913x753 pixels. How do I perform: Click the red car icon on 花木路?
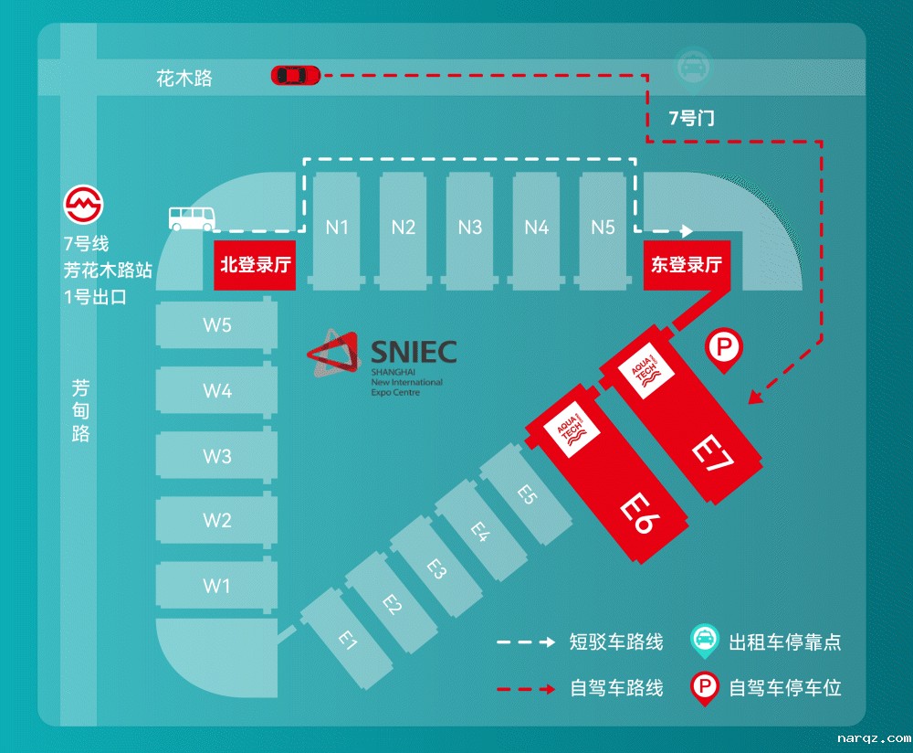click(x=295, y=75)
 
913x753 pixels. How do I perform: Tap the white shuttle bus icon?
click(x=192, y=217)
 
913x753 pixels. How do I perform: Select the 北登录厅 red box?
click(x=256, y=265)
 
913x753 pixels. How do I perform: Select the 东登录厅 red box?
click(x=686, y=265)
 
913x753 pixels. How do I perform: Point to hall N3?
click(x=470, y=227)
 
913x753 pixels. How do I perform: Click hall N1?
click(x=337, y=227)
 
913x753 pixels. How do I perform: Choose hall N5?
click(x=603, y=227)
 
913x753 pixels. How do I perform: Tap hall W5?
click(x=216, y=325)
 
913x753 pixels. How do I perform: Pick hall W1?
click(x=216, y=586)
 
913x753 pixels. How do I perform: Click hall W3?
click(x=216, y=456)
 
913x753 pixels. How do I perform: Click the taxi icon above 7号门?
click(x=687, y=67)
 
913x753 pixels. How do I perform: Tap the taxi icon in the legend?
click(x=704, y=640)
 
